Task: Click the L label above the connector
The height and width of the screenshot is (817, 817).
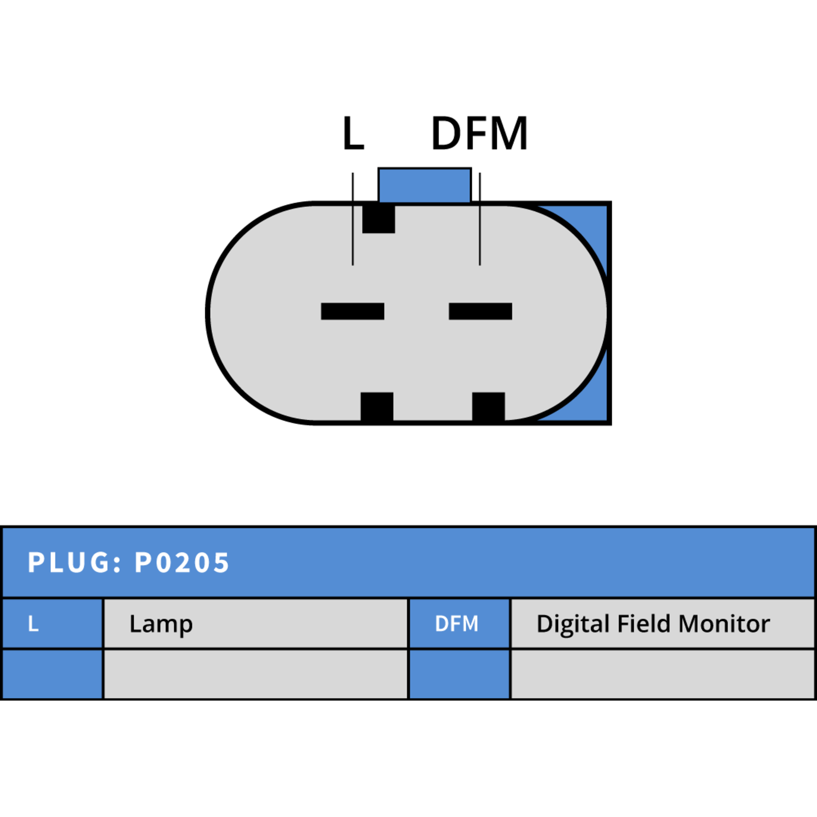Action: click(353, 133)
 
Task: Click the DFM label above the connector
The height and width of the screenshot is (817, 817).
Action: click(479, 133)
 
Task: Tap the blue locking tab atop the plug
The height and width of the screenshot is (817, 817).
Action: click(425, 185)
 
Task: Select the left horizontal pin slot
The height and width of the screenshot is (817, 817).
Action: click(352, 311)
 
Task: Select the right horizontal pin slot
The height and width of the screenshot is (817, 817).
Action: click(480, 311)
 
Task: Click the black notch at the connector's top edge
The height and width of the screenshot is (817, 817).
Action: click(378, 219)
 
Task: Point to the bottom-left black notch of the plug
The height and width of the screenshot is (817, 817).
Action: click(377, 407)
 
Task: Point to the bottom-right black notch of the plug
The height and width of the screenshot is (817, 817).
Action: click(489, 407)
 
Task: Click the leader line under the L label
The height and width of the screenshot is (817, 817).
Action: click(353, 219)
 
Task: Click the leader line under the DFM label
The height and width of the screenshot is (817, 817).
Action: click(480, 219)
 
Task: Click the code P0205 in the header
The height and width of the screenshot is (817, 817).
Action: click(182, 563)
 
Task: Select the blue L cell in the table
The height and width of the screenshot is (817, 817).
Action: click(53, 623)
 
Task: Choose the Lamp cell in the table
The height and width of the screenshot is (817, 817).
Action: click(256, 623)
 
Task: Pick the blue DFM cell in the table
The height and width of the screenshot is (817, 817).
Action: click(460, 623)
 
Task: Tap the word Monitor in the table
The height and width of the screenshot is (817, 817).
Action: click(725, 624)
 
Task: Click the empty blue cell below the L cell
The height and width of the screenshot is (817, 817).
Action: click(53, 674)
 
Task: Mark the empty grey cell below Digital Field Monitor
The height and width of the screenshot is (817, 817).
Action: click(662, 674)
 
